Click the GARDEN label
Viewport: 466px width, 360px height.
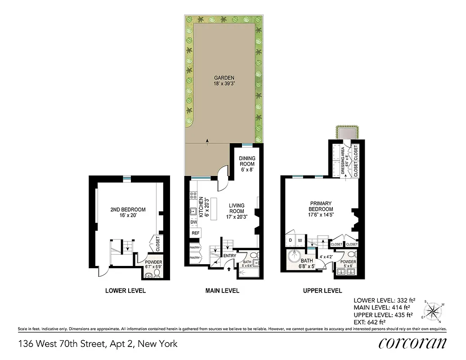pos(224,81)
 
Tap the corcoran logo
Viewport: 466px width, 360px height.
pos(412,343)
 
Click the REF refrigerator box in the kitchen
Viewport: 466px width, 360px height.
pos(195,233)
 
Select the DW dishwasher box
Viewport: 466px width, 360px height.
pos(194,222)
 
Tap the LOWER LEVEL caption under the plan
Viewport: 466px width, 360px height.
pos(125,291)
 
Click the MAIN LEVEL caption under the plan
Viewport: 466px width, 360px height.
pos(222,291)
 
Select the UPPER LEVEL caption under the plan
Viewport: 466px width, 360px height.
pos(322,291)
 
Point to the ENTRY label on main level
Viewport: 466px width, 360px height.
pos(229,256)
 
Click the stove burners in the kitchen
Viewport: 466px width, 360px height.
pos(193,196)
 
